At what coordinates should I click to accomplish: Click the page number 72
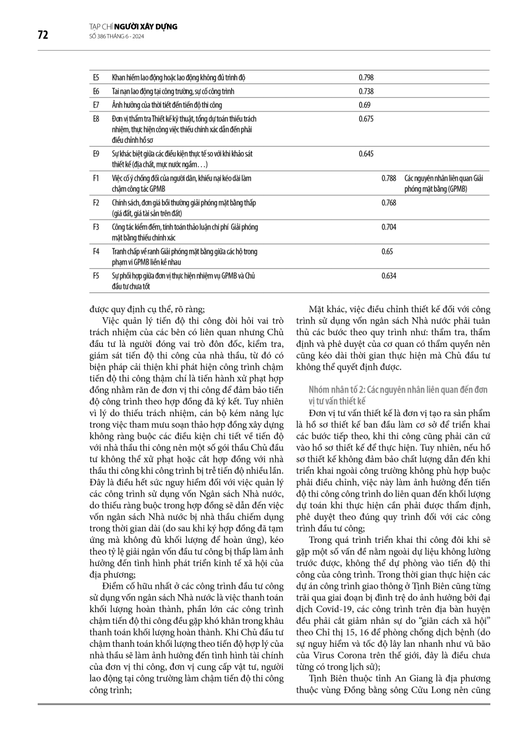(43, 35)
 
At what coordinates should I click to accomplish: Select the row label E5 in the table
(96, 78)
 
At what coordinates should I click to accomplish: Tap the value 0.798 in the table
(366, 78)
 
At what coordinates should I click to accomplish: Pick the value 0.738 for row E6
(366, 92)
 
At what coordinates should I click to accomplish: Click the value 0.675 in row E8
(366, 118)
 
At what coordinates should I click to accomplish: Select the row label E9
(96, 152)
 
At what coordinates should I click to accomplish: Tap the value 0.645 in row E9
(366, 152)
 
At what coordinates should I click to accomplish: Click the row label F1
(96, 178)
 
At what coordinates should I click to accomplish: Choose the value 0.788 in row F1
(389, 178)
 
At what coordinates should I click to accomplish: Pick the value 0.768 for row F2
(389, 203)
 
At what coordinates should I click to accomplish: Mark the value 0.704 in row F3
(389, 227)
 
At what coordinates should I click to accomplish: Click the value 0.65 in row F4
(388, 252)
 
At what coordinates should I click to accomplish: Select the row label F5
(96, 276)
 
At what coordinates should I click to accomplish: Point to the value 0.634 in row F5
(389, 276)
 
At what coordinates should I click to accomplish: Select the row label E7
(96, 105)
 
